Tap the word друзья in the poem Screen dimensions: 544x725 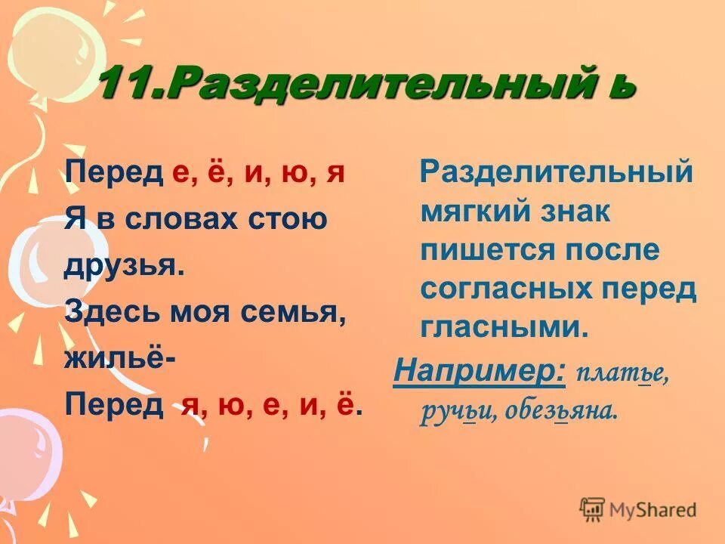125,266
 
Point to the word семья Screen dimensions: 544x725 299,313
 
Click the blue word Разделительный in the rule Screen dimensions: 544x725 557,172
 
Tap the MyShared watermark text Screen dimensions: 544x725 653,510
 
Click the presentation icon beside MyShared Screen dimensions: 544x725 593,510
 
